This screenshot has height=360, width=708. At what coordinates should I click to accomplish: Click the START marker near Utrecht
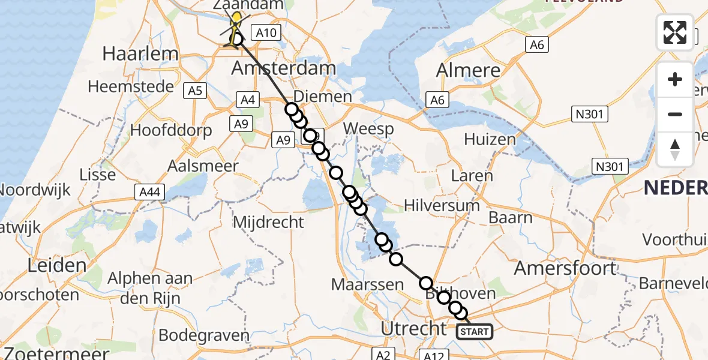click(x=475, y=331)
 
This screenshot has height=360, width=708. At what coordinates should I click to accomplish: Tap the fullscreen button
click(x=675, y=32)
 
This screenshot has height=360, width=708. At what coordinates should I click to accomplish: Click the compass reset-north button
click(x=675, y=149)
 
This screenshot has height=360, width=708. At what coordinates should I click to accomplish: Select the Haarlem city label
click(x=140, y=53)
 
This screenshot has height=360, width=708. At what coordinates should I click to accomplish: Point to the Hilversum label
click(x=442, y=205)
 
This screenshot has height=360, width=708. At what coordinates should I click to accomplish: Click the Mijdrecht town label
click(x=268, y=222)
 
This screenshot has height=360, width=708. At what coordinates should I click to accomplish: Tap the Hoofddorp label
click(x=171, y=130)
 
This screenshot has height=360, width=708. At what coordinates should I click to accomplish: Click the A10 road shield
click(x=266, y=32)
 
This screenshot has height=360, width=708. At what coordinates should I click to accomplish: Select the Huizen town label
click(x=490, y=139)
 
